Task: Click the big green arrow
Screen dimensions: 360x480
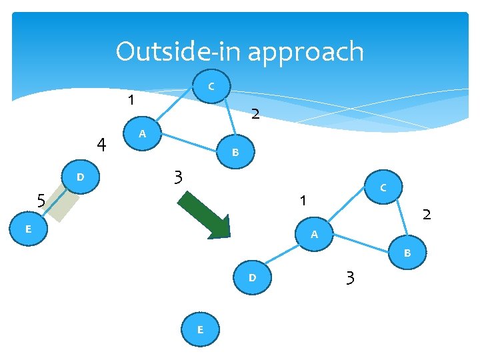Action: tap(205, 215)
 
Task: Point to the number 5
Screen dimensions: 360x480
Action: tap(41, 200)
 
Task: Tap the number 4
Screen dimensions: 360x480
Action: tap(101, 144)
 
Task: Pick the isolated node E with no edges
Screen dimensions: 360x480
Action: tap(199, 329)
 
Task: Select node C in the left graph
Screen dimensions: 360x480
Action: tap(211, 86)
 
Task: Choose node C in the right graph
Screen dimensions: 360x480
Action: tap(383, 189)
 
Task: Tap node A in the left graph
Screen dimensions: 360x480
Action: tap(141, 135)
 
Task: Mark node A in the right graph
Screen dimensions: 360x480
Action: tap(314, 235)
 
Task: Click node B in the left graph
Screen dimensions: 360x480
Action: tap(235, 153)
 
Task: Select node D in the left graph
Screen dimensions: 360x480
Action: tap(80, 177)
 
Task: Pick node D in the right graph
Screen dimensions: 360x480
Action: tap(252, 277)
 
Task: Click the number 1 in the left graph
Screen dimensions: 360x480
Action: tap(131, 101)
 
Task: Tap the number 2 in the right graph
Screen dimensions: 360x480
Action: tap(427, 214)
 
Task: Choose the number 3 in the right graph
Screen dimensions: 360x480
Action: tap(350, 277)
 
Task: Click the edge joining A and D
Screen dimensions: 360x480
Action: tap(283, 256)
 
